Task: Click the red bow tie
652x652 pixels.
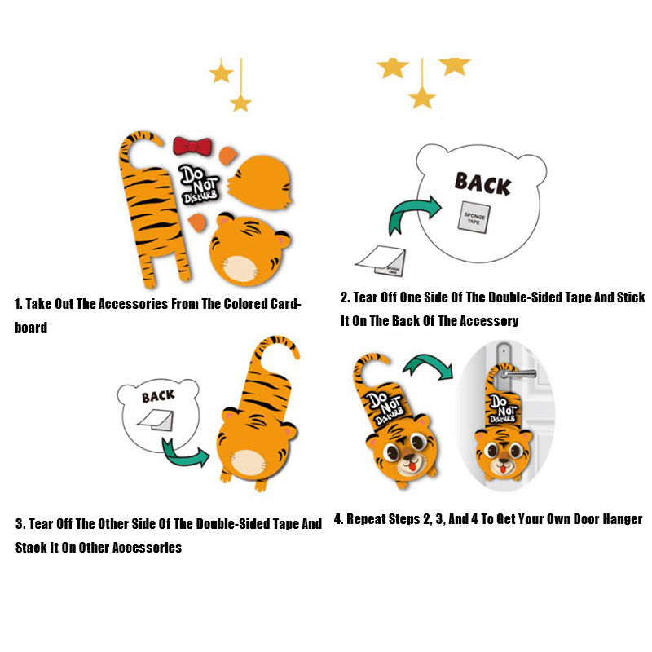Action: point(192,146)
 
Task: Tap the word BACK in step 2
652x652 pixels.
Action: point(482,183)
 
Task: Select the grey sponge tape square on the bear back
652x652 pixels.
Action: point(474,217)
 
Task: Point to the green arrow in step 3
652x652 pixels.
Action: point(183,453)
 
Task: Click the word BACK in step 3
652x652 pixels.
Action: point(158,395)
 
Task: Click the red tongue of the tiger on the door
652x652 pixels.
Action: point(503,469)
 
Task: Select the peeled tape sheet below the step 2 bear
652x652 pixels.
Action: point(381,261)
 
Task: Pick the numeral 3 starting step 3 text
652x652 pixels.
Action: point(19,524)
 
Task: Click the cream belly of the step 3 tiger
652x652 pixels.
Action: point(249,462)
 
